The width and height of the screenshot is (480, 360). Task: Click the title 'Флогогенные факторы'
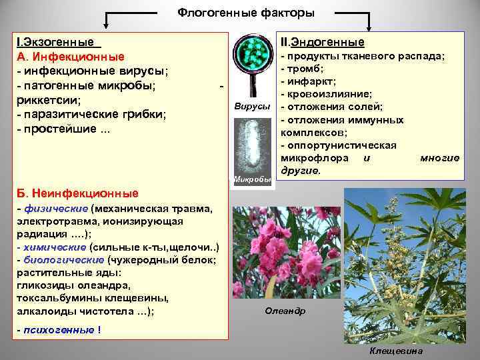[246, 13]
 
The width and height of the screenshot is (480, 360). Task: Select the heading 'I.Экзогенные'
[55, 42]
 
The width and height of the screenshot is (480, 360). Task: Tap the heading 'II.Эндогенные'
[322, 42]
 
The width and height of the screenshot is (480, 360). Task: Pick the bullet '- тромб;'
[303, 69]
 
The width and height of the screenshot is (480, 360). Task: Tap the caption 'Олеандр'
[285, 311]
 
